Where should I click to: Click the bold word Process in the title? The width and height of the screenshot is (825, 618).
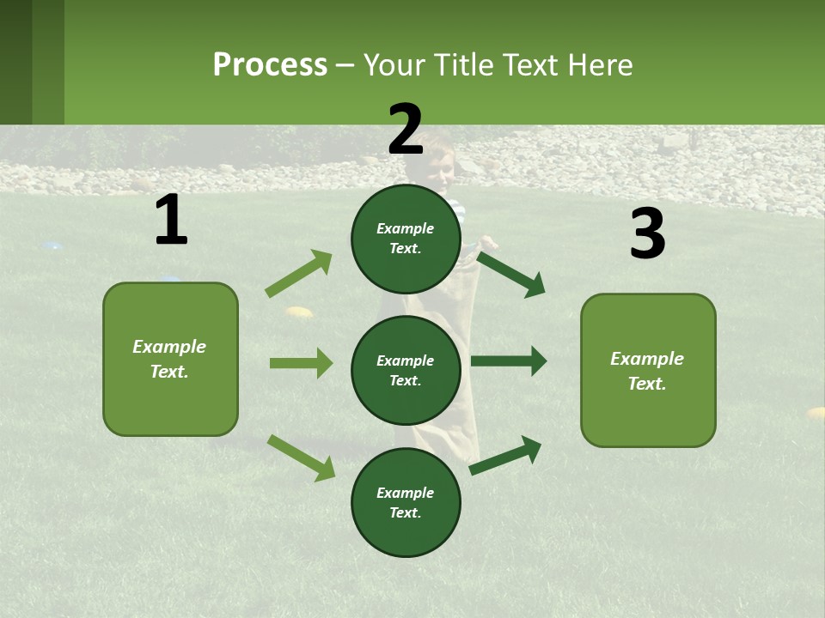pos(270,65)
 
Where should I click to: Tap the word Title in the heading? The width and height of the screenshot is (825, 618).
pos(462,65)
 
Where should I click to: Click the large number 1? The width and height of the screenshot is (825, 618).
pos(171,221)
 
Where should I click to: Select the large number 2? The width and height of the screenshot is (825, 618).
pos(406,130)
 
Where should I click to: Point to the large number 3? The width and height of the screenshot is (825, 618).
pos(647,234)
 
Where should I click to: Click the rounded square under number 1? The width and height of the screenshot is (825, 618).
pos(170,359)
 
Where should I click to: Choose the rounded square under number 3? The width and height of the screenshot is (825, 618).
pos(648,370)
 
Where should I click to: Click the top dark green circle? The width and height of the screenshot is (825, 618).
pos(406,239)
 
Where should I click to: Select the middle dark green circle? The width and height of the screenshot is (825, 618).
pos(406,370)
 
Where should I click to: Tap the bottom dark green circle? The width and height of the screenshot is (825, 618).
pos(406,502)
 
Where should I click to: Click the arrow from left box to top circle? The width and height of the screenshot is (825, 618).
pos(299,274)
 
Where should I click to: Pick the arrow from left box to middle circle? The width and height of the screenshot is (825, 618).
pos(301,363)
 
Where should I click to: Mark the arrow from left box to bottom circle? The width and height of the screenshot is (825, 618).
pos(301,457)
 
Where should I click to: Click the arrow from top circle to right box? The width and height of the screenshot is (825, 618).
pos(511,274)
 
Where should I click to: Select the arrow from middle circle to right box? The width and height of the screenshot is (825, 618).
pos(508,361)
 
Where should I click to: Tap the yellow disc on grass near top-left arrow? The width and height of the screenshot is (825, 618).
pos(299,312)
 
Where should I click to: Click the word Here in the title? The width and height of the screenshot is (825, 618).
pos(600,65)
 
